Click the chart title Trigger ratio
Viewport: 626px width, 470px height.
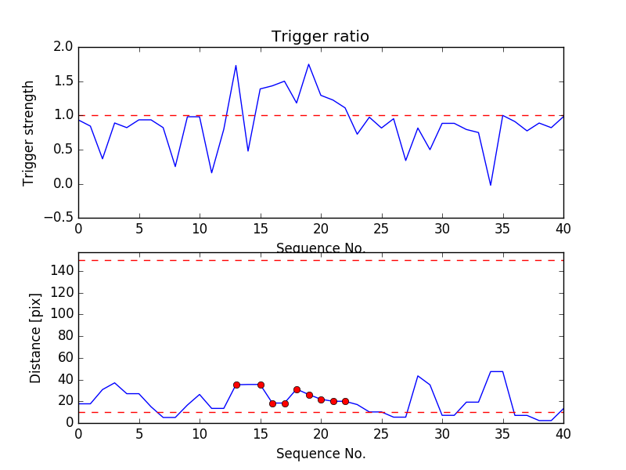pyautogui.click(x=320, y=37)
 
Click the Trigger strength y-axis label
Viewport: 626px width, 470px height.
pyautogui.click(x=29, y=132)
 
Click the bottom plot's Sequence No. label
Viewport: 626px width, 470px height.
pyautogui.click(x=320, y=454)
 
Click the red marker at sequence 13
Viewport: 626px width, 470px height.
pyautogui.click(x=236, y=385)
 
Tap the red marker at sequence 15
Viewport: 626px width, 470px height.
pyautogui.click(x=261, y=385)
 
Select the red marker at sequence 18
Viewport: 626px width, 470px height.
pyautogui.click(x=297, y=389)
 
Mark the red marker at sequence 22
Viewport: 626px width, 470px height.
pyautogui.click(x=345, y=401)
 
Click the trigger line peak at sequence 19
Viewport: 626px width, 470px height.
pyautogui.click(x=309, y=64)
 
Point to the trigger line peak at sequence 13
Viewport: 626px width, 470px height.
pyautogui.click(x=236, y=66)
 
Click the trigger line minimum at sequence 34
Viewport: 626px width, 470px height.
pyautogui.click(x=491, y=185)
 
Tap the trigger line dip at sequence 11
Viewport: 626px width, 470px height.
pyautogui.click(x=212, y=172)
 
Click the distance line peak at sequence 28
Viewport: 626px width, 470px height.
pyautogui.click(x=418, y=376)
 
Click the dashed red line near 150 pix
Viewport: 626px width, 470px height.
pyautogui.click(x=321, y=260)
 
